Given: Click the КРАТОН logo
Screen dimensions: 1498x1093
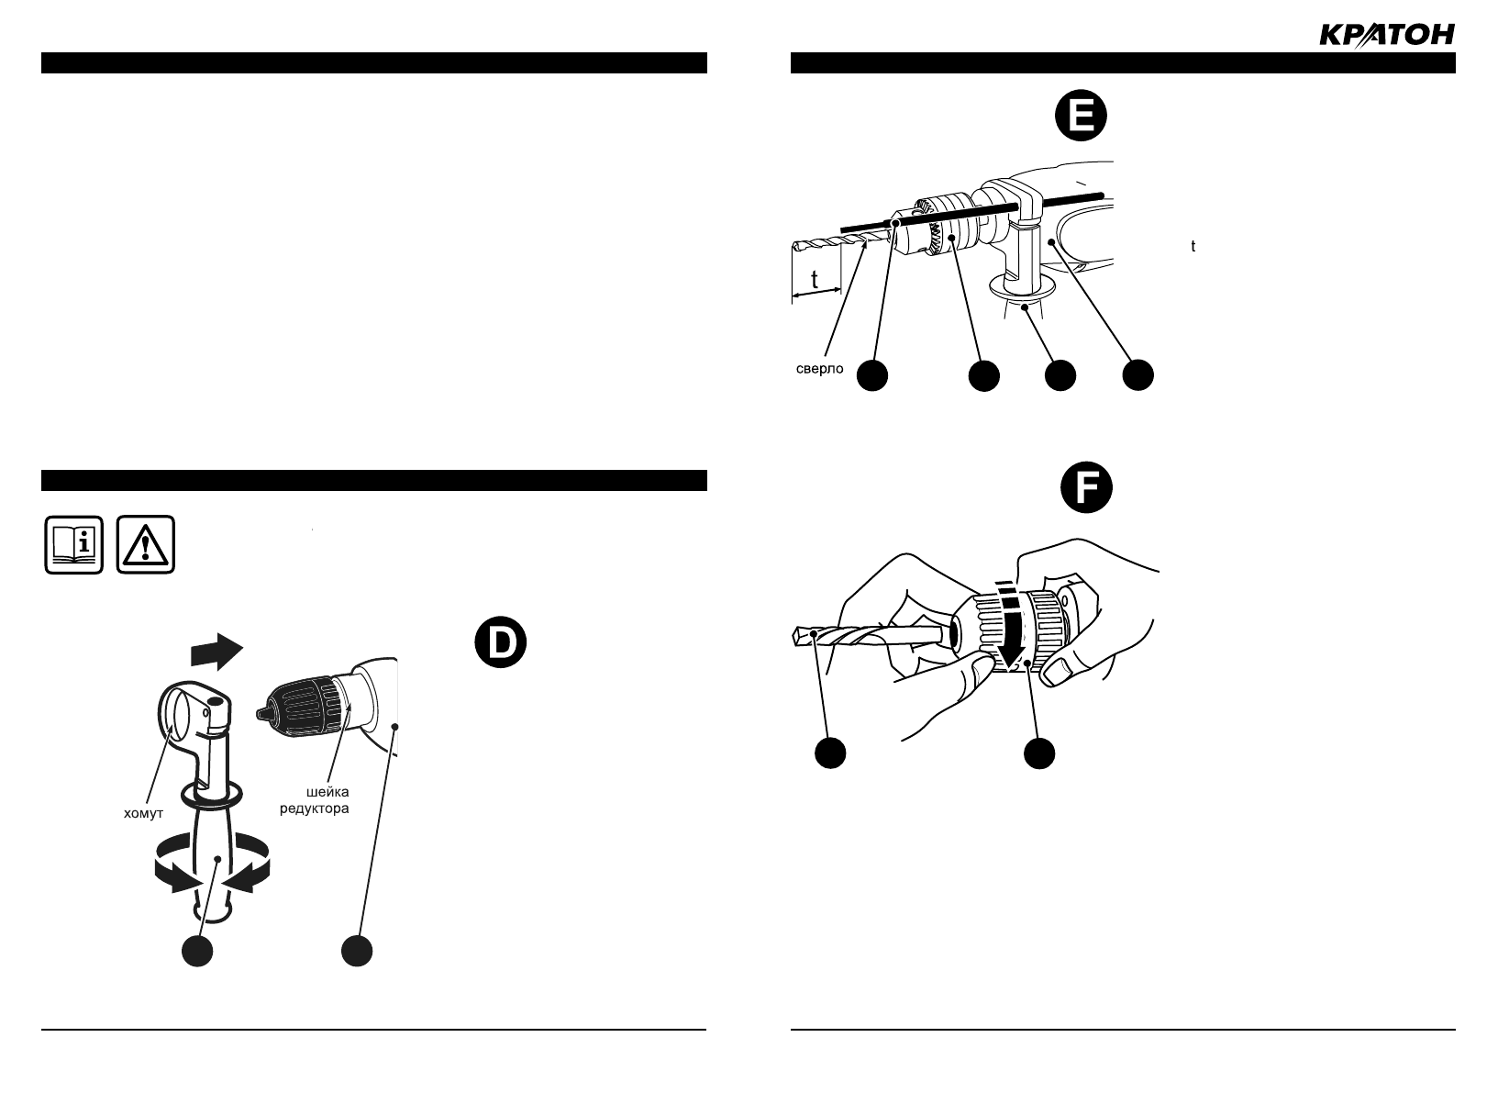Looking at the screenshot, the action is pos(1386,35).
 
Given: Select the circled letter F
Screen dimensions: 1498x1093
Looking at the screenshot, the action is pos(1086,488).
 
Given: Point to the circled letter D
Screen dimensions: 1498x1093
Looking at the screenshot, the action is pos(501,643).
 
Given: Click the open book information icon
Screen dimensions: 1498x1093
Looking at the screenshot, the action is pos(74,545).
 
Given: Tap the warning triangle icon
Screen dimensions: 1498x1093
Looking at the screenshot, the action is pos(146,545).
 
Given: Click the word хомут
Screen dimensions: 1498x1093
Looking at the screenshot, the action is pos(143,812).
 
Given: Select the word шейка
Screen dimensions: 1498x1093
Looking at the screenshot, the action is pos(327,792).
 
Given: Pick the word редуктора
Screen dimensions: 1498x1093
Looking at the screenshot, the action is pos(314,809).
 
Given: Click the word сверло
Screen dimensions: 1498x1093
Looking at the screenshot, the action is pos(818,371).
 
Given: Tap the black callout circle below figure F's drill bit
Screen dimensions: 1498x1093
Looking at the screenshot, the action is pos(830,753).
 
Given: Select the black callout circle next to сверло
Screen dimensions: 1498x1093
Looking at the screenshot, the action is pos(873,375).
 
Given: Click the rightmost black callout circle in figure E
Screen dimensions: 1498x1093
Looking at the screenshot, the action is pos(1137,375).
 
